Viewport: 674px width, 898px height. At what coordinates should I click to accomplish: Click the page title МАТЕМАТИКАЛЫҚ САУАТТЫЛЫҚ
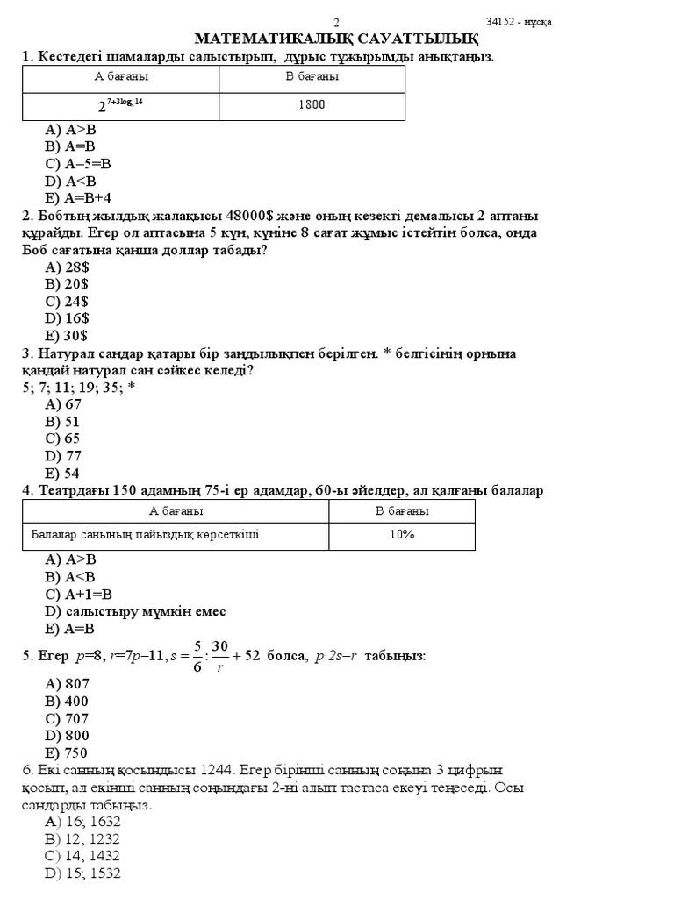[x=336, y=39]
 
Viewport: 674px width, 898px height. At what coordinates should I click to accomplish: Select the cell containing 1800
[x=312, y=105]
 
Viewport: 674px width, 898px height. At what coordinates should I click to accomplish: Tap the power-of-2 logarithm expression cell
[x=120, y=105]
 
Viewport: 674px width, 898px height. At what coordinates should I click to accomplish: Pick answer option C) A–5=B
[x=78, y=163]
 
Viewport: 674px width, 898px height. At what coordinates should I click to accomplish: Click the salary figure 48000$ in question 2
[x=251, y=216]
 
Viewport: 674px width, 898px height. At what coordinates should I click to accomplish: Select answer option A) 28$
[x=67, y=267]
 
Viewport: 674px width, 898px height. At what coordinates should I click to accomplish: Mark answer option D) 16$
[x=67, y=318]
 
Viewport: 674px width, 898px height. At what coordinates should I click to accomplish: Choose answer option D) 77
[x=62, y=455]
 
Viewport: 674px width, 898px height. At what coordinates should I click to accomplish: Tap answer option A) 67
[x=62, y=404]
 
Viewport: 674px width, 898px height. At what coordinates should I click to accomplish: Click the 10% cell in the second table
[x=402, y=534]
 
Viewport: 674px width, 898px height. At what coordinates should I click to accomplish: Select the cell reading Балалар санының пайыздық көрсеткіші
[x=146, y=534]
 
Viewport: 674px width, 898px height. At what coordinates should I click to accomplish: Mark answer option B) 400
[x=67, y=702]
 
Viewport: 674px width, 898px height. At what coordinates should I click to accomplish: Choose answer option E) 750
[x=66, y=752]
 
